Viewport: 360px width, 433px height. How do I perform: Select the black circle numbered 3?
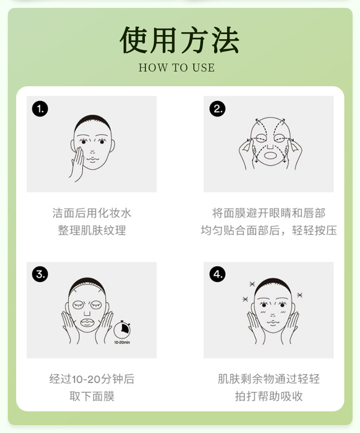(x=40, y=274)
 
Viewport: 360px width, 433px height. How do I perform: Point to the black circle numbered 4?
(x=217, y=274)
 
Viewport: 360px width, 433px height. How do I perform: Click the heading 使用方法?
(x=180, y=40)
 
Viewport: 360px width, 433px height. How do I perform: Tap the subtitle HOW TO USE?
(x=177, y=68)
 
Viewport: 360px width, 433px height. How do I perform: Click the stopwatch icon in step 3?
(x=122, y=329)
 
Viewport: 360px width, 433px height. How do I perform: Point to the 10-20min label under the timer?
(x=122, y=343)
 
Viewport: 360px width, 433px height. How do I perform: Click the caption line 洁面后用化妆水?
(x=92, y=213)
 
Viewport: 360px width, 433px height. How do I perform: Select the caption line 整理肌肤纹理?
(x=92, y=230)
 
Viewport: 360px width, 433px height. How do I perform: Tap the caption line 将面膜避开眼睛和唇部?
(x=269, y=213)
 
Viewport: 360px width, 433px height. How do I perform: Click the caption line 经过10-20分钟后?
(x=92, y=379)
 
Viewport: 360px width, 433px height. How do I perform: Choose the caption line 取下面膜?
(x=92, y=396)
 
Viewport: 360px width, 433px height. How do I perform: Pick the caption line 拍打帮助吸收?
(x=269, y=396)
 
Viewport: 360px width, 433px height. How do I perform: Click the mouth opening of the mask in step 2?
(x=270, y=155)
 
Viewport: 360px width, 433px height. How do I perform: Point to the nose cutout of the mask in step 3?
(x=87, y=313)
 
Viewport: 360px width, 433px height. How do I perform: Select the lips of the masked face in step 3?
(x=88, y=322)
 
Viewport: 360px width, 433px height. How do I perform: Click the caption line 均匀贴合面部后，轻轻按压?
(x=269, y=230)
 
